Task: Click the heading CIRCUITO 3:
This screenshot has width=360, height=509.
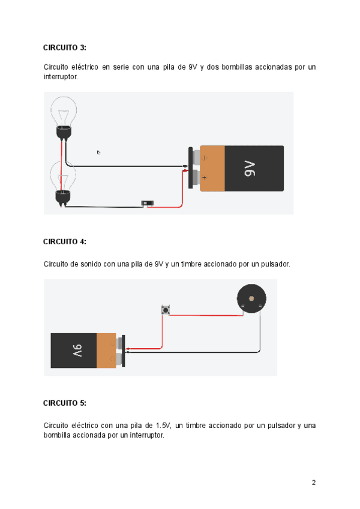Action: point(65,47)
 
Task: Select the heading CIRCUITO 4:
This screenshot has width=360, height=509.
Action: point(65,241)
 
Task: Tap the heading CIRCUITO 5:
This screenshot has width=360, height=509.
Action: point(65,403)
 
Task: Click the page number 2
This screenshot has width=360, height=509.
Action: point(313,482)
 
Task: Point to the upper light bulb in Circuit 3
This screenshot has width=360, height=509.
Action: point(63,114)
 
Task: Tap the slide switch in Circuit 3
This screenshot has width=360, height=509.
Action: point(147,203)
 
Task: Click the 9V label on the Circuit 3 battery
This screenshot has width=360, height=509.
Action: point(250,169)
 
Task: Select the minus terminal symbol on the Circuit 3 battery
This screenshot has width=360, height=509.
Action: point(204,158)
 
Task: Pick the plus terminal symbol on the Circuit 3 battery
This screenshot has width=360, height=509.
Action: point(204,178)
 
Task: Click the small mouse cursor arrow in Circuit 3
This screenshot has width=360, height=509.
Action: point(98,152)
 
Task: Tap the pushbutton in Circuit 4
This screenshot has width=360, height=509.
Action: point(165,310)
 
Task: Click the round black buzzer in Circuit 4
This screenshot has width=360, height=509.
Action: point(251,298)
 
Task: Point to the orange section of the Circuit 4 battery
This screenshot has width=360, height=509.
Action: point(106,351)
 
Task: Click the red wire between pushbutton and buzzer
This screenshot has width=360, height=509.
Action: point(204,314)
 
